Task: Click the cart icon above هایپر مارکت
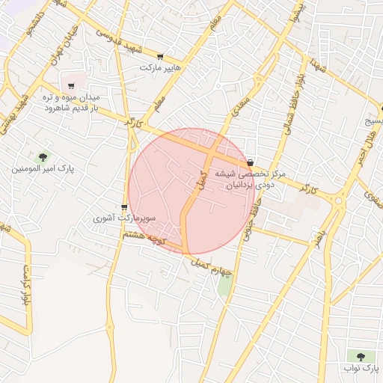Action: tap(160, 56)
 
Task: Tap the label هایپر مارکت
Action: tap(165, 67)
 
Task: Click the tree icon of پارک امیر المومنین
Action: tap(43, 157)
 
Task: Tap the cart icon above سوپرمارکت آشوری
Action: tap(124, 207)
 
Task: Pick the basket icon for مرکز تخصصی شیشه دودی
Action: tap(250, 162)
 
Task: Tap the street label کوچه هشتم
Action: tap(147, 240)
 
